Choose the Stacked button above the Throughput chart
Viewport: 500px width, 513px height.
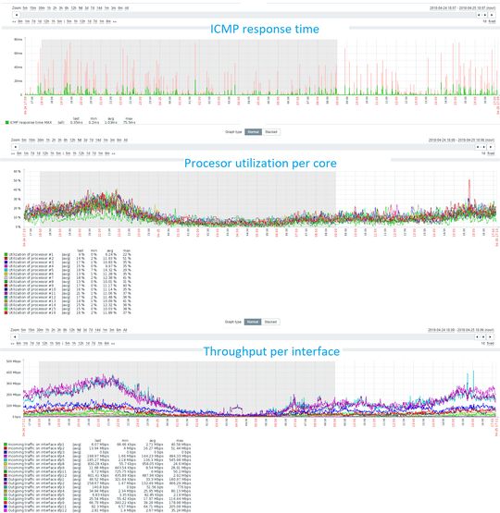point(270,321)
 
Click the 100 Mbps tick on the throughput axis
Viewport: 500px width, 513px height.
point(13,405)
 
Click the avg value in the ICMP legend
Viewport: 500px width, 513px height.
point(108,122)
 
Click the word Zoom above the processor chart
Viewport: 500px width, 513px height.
point(15,140)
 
